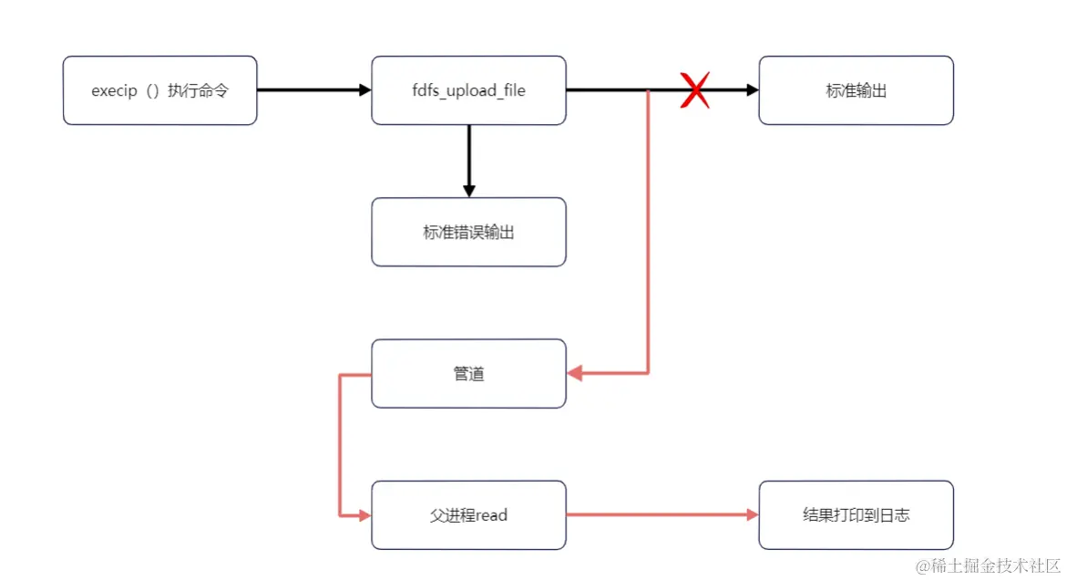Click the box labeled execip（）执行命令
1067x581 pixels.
pyautogui.click(x=159, y=90)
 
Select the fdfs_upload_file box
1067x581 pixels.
pyautogui.click(x=468, y=90)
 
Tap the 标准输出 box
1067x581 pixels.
pyautogui.click(x=856, y=90)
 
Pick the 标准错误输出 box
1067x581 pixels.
pyautogui.click(x=468, y=232)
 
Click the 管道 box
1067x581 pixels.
pyautogui.click(x=468, y=373)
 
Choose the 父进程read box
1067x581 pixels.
pyautogui.click(x=468, y=514)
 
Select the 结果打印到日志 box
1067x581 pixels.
pyautogui.click(x=856, y=514)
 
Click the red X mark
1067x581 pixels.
pyautogui.click(x=695, y=91)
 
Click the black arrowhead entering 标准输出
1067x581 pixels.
pyautogui.click(x=753, y=90)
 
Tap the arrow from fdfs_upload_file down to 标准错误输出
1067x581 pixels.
pyautogui.click(x=468, y=160)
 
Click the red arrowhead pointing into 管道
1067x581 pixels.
pyautogui.click(x=574, y=373)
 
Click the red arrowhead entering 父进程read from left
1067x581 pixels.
pyautogui.click(x=365, y=515)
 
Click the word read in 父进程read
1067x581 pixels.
pyautogui.click(x=490, y=515)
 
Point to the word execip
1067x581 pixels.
pyautogui.click(x=114, y=91)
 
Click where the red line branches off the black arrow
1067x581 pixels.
pyautogui.click(x=648, y=91)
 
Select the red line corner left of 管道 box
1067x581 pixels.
pyautogui.click(x=340, y=374)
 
